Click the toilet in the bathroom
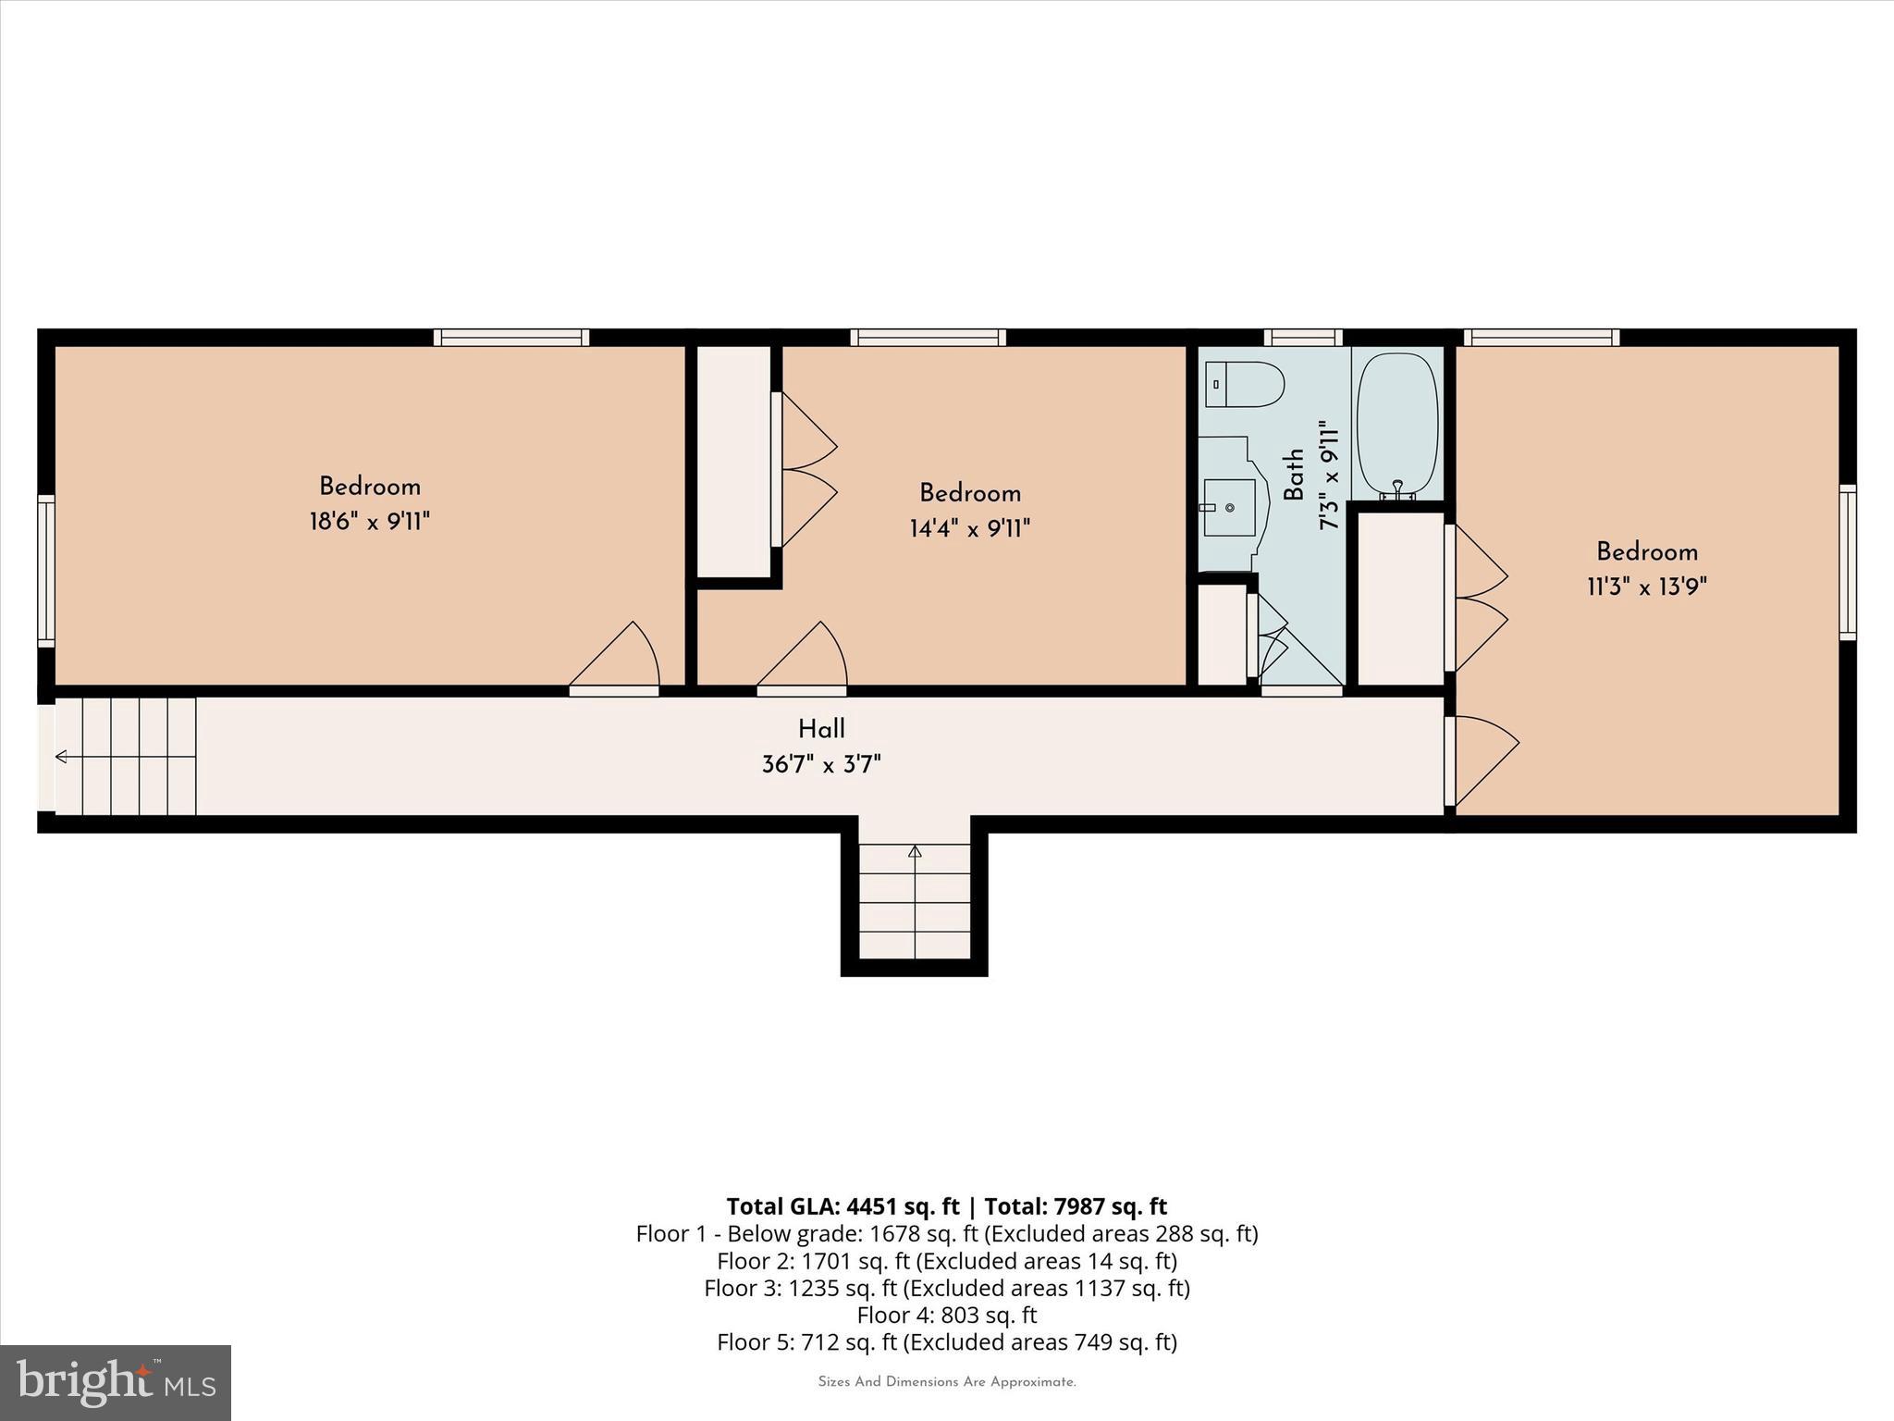click(1245, 384)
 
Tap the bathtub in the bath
click(1397, 425)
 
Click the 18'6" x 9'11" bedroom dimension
click(370, 522)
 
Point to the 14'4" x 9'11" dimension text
click(969, 528)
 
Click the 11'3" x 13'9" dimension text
click(1646, 587)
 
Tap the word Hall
click(821, 729)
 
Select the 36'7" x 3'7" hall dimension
click(821, 765)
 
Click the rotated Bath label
click(1294, 475)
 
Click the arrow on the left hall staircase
click(62, 757)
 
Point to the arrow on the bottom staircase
click(915, 851)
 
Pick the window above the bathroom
click(1302, 338)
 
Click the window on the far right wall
click(1847, 562)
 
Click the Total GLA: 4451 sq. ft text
click(842, 1206)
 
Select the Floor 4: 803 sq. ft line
click(946, 1315)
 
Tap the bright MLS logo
click(116, 1382)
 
